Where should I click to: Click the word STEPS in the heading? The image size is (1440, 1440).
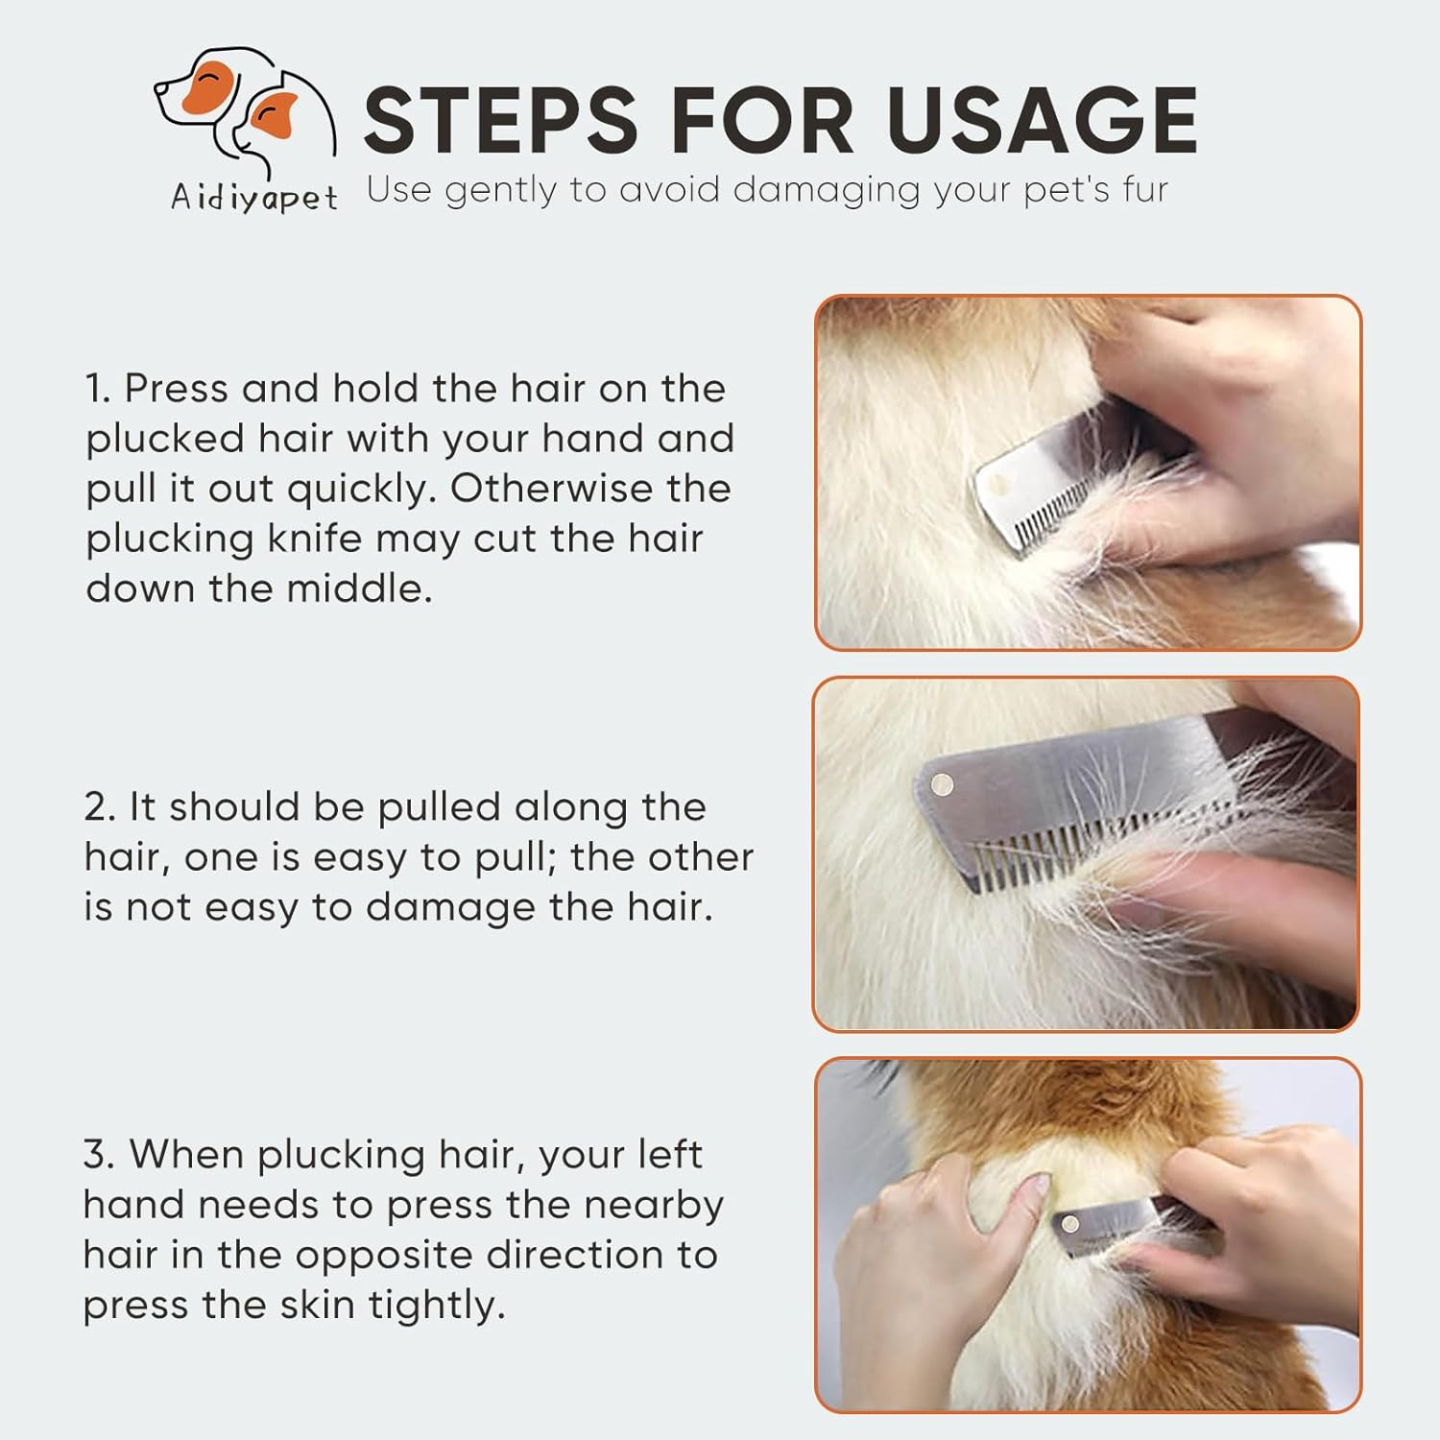point(499,121)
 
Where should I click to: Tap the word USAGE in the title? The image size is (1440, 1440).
point(1041,121)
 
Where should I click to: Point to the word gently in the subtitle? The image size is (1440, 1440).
point(500,190)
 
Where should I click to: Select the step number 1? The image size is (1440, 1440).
point(98,389)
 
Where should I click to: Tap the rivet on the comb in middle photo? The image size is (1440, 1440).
point(943,786)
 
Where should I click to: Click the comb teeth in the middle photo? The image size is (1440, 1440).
point(1056,850)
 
